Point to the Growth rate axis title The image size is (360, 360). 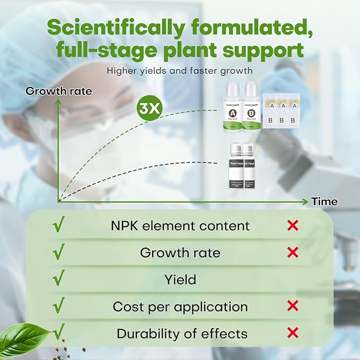coord(59,91)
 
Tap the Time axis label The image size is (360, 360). coord(324,201)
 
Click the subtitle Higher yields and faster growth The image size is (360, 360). coord(180,70)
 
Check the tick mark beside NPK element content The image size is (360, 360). coord(59,225)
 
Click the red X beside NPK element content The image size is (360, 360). coord(292,226)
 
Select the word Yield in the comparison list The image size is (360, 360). coord(180,279)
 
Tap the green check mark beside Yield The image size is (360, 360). coord(59,278)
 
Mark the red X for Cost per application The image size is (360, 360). coord(292,306)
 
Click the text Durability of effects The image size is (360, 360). coord(182,334)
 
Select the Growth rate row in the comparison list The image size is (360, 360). coord(180,252)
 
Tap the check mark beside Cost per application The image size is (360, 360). coord(59,305)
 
